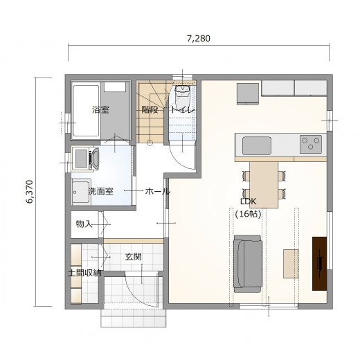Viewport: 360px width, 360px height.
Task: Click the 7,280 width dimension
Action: click(x=199, y=39)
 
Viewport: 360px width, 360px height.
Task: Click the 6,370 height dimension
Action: click(x=30, y=192)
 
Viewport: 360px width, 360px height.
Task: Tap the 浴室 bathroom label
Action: click(x=100, y=109)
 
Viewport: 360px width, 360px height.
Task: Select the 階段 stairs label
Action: click(x=150, y=109)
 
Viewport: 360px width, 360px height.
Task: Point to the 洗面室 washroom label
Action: click(x=100, y=191)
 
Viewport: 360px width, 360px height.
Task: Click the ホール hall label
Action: click(x=158, y=191)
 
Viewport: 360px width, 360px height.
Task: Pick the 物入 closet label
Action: click(x=84, y=224)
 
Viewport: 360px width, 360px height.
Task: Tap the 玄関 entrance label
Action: click(x=134, y=257)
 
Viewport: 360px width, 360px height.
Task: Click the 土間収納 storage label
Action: click(x=84, y=273)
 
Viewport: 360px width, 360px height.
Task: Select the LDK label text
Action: click(x=248, y=201)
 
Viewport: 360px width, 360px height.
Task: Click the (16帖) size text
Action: click(x=248, y=215)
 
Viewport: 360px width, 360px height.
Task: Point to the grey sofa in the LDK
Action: click(x=248, y=264)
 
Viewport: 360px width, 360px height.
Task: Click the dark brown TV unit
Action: click(x=320, y=263)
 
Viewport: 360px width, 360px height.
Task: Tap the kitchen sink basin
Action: click(x=257, y=145)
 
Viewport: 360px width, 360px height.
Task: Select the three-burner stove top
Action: click(x=311, y=144)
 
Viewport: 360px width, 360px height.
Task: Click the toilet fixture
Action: click(x=183, y=93)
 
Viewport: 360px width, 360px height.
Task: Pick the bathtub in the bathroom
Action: click(x=86, y=111)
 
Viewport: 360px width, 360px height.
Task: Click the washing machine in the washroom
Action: click(x=85, y=159)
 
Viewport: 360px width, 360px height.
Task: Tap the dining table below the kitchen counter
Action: click(x=264, y=185)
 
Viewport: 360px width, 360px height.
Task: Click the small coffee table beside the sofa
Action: click(x=291, y=264)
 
